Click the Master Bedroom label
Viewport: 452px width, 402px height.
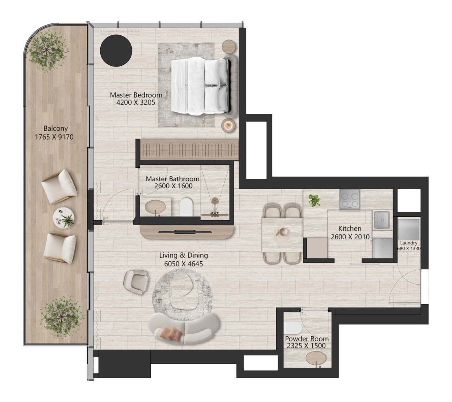click(136, 95)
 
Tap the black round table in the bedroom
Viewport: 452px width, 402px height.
click(116, 50)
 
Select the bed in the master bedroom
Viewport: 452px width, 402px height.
click(200, 86)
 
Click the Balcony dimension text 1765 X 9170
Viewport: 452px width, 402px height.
click(54, 137)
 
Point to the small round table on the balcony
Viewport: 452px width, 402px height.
click(63, 218)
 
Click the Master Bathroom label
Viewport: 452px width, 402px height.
click(173, 179)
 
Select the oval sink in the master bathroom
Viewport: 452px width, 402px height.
click(155, 206)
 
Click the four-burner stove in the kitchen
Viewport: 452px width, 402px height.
click(349, 200)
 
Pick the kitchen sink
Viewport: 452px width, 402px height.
click(382, 220)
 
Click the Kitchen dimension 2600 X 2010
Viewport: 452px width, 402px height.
click(350, 237)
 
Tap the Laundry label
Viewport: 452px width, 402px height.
click(409, 243)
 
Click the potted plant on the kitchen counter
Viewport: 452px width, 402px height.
click(314, 200)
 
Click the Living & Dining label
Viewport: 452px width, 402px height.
click(183, 255)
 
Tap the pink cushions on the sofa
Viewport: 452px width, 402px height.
click(171, 333)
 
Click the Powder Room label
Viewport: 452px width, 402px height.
click(306, 338)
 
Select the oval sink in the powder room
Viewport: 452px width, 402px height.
click(316, 358)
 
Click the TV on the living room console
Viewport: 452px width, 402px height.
click(185, 232)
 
